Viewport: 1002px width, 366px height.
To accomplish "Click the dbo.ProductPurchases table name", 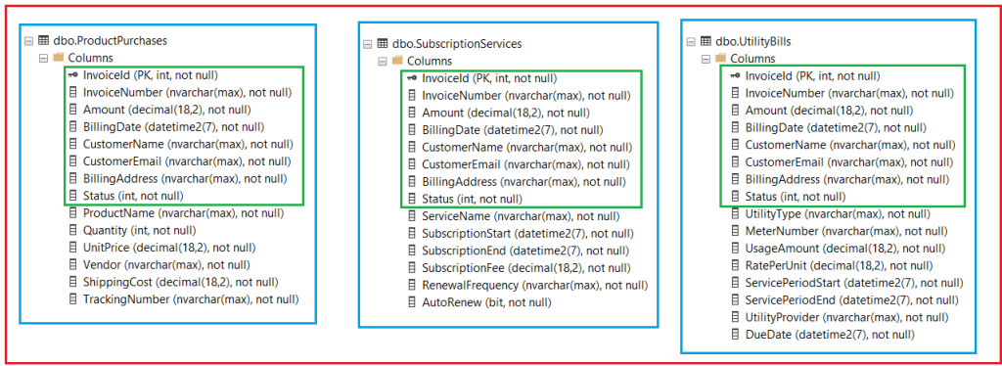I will pyautogui.click(x=109, y=41).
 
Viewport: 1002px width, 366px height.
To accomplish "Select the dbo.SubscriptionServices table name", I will pyautogui.click(x=457, y=43).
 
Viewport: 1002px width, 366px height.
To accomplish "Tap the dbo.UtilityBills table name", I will pyautogui.click(x=753, y=42).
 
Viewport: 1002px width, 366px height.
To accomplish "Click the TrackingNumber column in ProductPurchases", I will pyautogui.click(x=190, y=299).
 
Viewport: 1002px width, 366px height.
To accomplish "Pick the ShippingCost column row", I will pyautogui.click(x=183, y=282).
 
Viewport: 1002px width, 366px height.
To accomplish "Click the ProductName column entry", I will pyautogui.click(x=183, y=212).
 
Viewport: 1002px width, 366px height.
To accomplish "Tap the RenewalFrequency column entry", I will pyautogui.click(x=534, y=286).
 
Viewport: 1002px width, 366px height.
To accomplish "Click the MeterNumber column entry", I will pyautogui.click(x=845, y=231).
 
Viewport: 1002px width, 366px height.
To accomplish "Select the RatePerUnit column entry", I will pyautogui.click(x=841, y=265).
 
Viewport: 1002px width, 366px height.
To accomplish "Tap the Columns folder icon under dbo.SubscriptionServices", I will pyautogui.click(x=397, y=61).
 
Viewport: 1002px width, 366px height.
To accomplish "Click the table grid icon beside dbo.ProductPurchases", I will pyautogui.click(x=43, y=41).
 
